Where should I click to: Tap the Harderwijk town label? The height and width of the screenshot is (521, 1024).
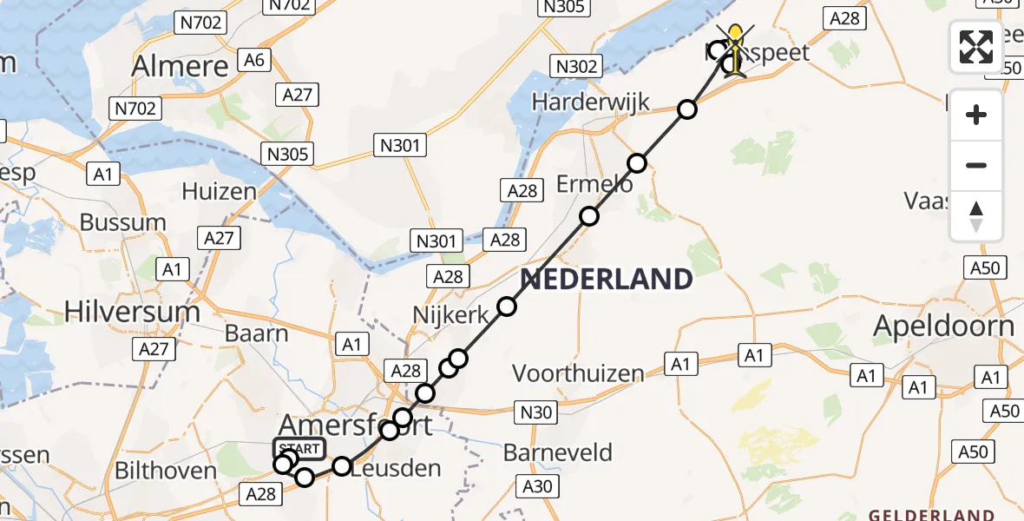point(590,102)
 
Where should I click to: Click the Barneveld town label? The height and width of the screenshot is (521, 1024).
point(558,452)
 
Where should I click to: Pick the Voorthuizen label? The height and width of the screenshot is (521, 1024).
point(578,373)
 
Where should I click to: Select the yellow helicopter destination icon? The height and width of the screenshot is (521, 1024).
point(737,49)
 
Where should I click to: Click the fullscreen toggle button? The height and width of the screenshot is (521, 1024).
point(976,46)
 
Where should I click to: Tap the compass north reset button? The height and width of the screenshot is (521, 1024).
point(976,216)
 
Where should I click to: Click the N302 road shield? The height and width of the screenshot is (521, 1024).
point(576,66)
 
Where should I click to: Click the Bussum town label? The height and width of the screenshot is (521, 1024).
point(122,221)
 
